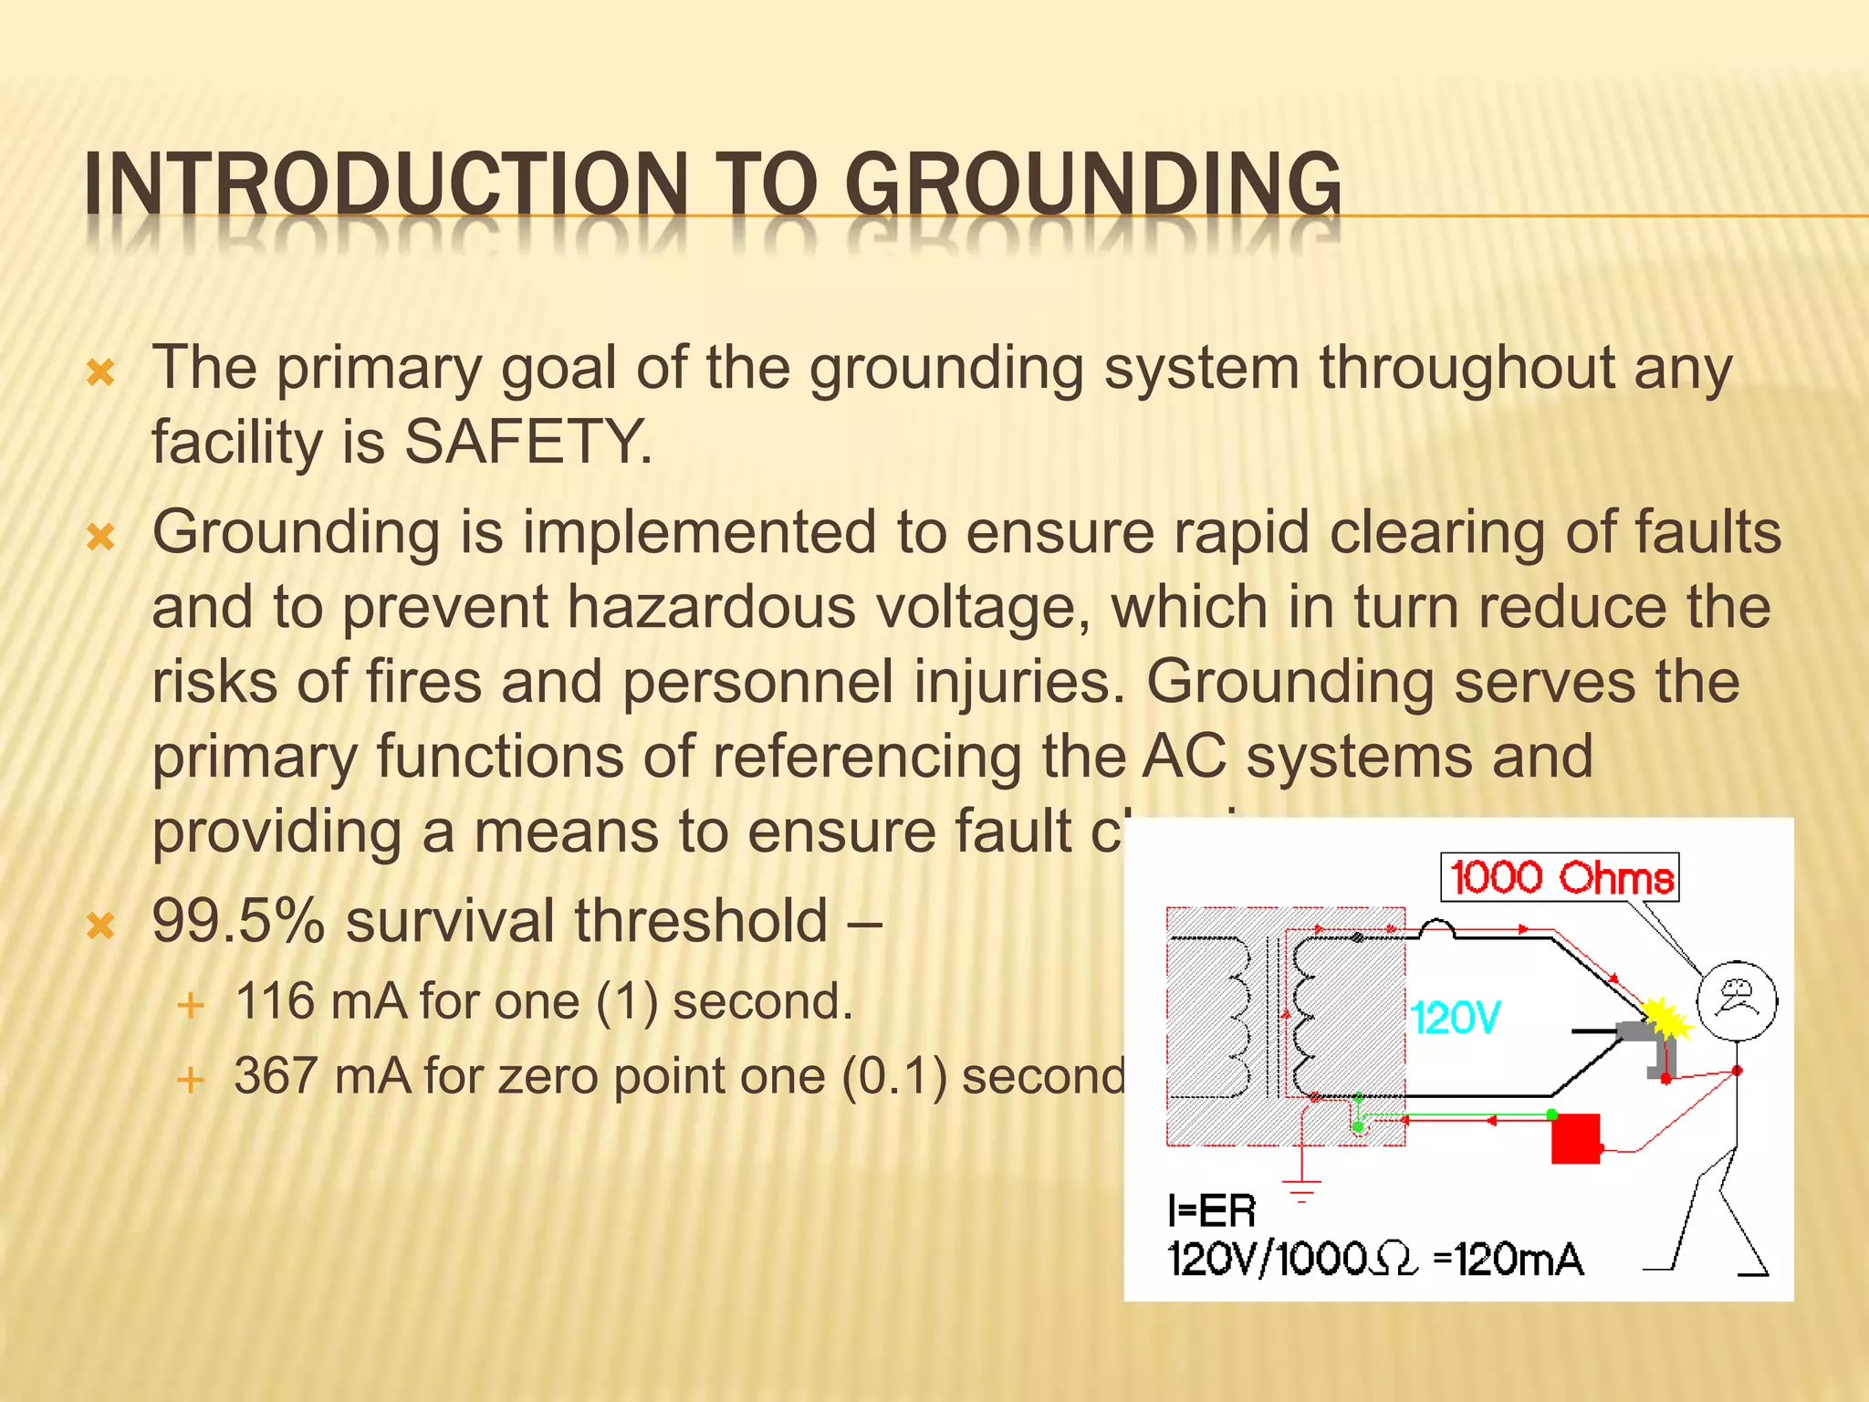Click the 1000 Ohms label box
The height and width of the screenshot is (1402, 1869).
pyautogui.click(x=1560, y=877)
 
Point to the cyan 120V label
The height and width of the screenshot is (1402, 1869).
pyautogui.click(x=1456, y=1017)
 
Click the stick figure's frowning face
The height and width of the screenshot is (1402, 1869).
pyautogui.click(x=1737, y=998)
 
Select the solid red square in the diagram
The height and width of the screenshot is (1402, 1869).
pyautogui.click(x=1575, y=1138)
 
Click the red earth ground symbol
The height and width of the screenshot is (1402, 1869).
pyautogui.click(x=1301, y=1188)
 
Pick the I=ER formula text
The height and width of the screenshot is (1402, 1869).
pyautogui.click(x=1211, y=1211)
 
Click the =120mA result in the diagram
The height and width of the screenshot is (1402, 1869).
pyautogui.click(x=1509, y=1260)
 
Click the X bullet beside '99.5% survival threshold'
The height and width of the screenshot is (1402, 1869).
pyautogui.click(x=100, y=926)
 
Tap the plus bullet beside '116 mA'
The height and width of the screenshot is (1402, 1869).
pyautogui.click(x=190, y=1006)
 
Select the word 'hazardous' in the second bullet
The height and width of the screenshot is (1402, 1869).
pyautogui.click(x=711, y=608)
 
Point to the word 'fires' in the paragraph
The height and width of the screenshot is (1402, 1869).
pyautogui.click(x=423, y=682)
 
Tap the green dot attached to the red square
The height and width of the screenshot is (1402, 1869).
pyautogui.click(x=1551, y=1114)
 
